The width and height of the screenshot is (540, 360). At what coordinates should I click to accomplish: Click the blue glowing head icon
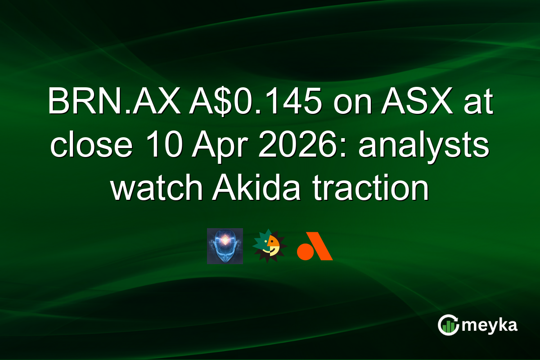[225, 246]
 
